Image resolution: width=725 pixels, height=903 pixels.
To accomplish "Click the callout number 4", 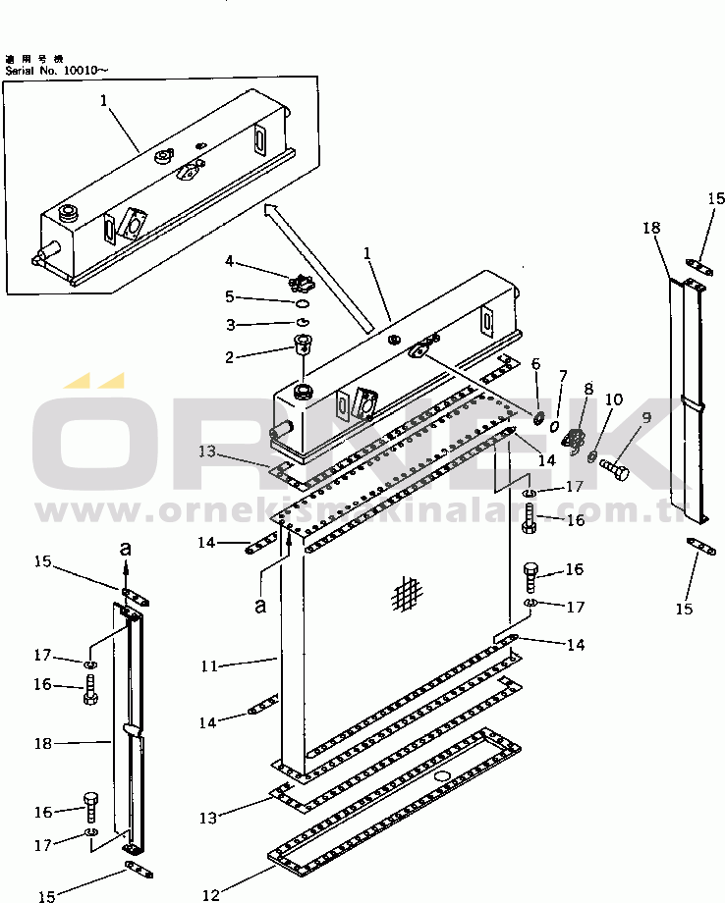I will [229, 261].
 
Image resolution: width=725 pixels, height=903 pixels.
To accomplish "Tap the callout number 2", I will [229, 357].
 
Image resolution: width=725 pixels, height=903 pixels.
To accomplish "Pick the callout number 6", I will [535, 363].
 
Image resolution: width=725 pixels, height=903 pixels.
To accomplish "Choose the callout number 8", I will [587, 389].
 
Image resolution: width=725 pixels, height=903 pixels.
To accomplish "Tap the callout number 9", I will [646, 418].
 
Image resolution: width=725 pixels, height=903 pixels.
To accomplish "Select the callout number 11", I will [207, 665].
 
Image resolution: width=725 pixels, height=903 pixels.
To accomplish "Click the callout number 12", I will [207, 893].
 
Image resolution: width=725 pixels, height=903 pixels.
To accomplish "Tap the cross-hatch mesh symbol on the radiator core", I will [406, 592].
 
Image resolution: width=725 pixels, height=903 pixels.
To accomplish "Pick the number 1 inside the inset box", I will [103, 99].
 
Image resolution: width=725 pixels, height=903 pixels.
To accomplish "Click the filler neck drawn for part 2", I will [302, 345].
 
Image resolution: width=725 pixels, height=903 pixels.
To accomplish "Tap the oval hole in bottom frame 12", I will [441, 776].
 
